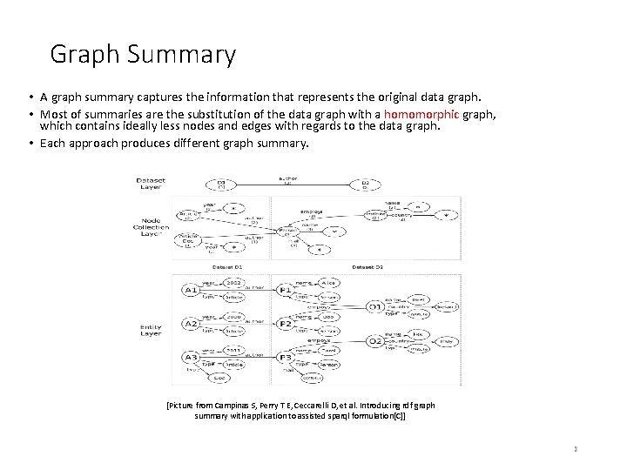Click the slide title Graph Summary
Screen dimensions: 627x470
pos(143,55)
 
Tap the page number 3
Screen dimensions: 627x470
pos(576,448)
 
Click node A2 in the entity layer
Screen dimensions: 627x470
pos(191,323)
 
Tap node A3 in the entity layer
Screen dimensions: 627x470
pos(191,357)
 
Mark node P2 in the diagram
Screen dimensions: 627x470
pos(286,323)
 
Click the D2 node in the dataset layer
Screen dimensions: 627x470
pos(365,185)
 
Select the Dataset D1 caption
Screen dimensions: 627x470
pos(227,265)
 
